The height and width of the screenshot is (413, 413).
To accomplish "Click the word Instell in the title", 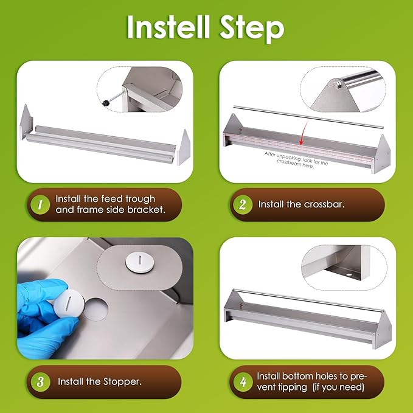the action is click(168, 27).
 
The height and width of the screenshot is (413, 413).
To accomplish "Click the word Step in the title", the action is click(252, 29).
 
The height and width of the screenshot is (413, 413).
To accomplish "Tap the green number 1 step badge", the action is click(40, 204).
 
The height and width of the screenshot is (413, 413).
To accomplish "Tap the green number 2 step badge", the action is click(243, 204).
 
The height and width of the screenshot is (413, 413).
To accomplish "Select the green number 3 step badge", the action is click(40, 381).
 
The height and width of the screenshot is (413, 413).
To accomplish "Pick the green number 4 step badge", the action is click(243, 381).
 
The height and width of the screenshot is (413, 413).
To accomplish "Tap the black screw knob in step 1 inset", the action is click(106, 103).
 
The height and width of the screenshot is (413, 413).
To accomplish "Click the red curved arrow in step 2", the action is click(305, 133).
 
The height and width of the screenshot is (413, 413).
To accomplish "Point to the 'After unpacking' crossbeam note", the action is click(296, 161).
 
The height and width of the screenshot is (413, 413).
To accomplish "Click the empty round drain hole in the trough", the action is click(96, 309).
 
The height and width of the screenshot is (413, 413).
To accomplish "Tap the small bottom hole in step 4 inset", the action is click(349, 275).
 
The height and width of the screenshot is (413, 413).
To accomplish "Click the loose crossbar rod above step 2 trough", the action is click(308, 117).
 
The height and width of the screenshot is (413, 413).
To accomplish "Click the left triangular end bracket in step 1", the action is click(26, 122).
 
